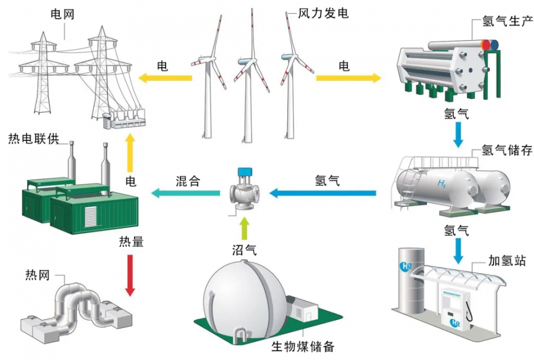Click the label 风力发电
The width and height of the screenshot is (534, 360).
tap(323, 12)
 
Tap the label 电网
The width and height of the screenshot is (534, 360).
tap(62, 14)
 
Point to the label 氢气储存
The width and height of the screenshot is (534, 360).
tap(507, 150)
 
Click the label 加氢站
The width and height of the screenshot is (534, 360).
tap(507, 261)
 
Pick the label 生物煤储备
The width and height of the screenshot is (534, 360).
tap(303, 346)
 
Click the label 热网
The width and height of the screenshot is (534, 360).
tap(37, 276)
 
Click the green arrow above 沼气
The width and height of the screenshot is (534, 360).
tap(245, 228)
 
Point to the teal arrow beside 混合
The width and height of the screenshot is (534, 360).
tap(186, 193)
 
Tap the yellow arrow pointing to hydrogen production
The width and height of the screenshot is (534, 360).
tap(349, 79)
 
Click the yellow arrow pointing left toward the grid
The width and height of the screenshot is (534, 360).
tap(165, 79)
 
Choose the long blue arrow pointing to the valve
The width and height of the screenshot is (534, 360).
tap(323, 193)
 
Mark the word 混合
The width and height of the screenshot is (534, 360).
tap(187, 181)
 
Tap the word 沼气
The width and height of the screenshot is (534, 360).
tap(245, 249)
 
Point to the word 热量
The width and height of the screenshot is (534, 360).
tap(131, 241)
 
